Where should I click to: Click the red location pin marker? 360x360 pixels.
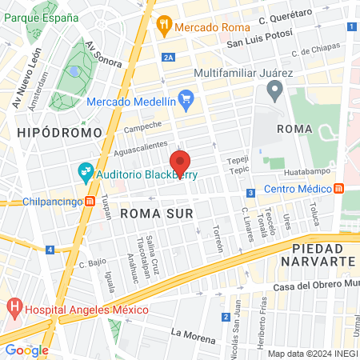[x=180, y=162]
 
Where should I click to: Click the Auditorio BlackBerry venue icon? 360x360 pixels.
[x=86, y=171]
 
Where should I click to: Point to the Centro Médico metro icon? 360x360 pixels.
[x=339, y=189]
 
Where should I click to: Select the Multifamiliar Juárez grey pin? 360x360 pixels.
[x=276, y=93]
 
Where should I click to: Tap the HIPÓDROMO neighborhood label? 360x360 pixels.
[x=60, y=132]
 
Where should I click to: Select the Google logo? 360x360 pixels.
[x=26, y=350]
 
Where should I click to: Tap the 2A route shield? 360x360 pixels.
[x=168, y=58]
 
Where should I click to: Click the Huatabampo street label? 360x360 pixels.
[x=306, y=170]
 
